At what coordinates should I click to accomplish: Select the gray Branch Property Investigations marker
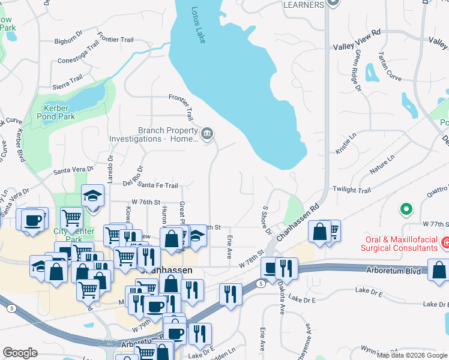coord(207,133)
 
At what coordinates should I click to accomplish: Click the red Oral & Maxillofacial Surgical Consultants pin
coord(445,243)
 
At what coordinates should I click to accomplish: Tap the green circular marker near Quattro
coord(406,209)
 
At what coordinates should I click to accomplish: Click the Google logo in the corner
coord(20,353)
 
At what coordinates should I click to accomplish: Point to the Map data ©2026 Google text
coord(412,355)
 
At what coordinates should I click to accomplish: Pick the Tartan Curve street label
coord(390,66)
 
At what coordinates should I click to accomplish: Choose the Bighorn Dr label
coord(68,41)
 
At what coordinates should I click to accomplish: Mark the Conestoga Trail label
coord(78,53)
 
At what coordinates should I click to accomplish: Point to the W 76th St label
coord(146,202)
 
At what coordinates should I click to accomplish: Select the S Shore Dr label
coord(266,220)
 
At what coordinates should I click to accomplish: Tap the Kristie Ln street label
coord(346,144)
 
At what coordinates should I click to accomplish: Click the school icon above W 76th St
coord(92,196)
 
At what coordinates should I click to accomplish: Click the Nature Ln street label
coord(382,164)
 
